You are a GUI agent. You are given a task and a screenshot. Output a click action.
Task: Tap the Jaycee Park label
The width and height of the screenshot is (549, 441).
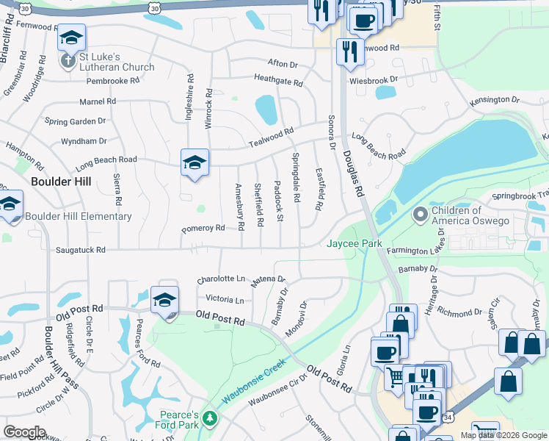(x=356, y=243)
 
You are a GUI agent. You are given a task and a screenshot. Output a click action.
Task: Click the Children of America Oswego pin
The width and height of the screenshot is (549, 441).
(x=420, y=215)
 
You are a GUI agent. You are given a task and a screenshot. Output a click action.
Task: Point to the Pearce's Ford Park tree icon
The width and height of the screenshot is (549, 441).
(x=211, y=418)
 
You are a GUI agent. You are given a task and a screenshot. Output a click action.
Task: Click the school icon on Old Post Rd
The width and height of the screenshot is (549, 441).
(x=164, y=300)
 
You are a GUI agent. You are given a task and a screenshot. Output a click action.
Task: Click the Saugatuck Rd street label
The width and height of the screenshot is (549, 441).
(x=81, y=250)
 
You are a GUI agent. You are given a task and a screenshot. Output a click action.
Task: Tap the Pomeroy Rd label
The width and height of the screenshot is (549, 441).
(x=203, y=229)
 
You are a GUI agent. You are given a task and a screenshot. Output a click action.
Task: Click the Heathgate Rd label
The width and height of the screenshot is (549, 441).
(x=278, y=80)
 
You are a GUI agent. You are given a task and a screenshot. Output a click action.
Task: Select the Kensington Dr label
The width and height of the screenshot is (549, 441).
(x=494, y=98)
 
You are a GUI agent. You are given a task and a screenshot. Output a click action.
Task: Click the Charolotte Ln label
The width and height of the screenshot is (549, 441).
(x=221, y=279)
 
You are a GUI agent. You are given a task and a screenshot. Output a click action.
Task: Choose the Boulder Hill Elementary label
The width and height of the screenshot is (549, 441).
(x=79, y=216)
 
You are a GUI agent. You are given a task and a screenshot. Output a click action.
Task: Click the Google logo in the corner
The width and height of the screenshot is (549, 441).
(x=25, y=431)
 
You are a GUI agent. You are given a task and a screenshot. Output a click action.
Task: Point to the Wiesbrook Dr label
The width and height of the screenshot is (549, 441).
(x=373, y=79)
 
